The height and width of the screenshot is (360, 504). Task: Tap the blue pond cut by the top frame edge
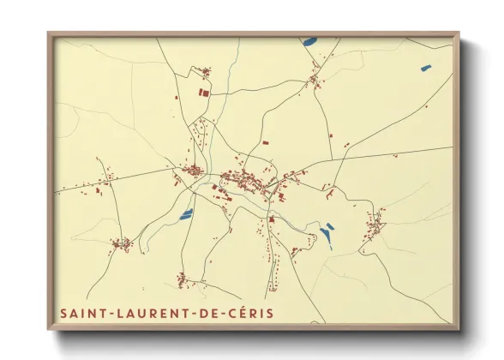309,40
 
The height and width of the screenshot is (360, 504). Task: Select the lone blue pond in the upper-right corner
426,68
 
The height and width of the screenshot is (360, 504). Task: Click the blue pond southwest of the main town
186,215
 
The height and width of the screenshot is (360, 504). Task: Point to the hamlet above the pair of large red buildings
205,72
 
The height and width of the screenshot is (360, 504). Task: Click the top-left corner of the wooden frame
49,34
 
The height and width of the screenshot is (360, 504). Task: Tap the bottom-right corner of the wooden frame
458,328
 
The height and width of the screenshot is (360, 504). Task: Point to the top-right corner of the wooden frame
458,34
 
